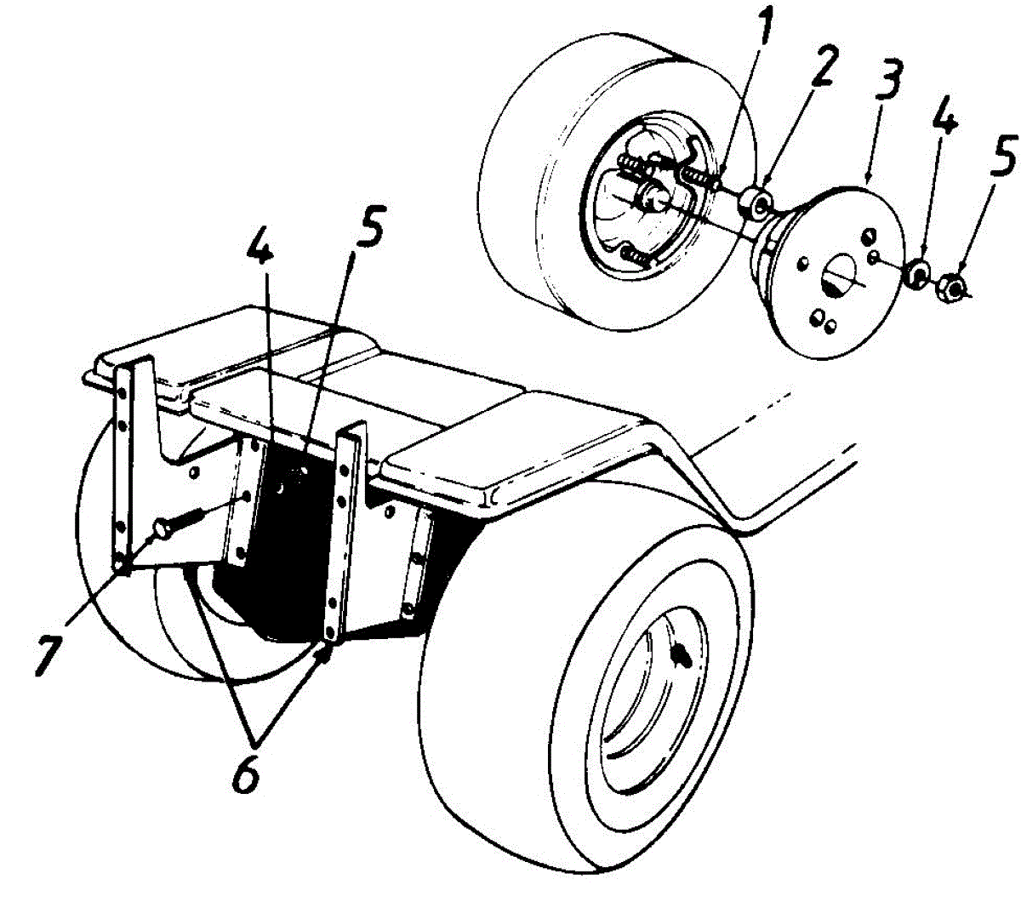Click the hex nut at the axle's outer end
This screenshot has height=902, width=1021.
pyautogui.click(x=954, y=288)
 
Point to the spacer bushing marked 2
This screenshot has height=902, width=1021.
pyautogui.click(x=756, y=202)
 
